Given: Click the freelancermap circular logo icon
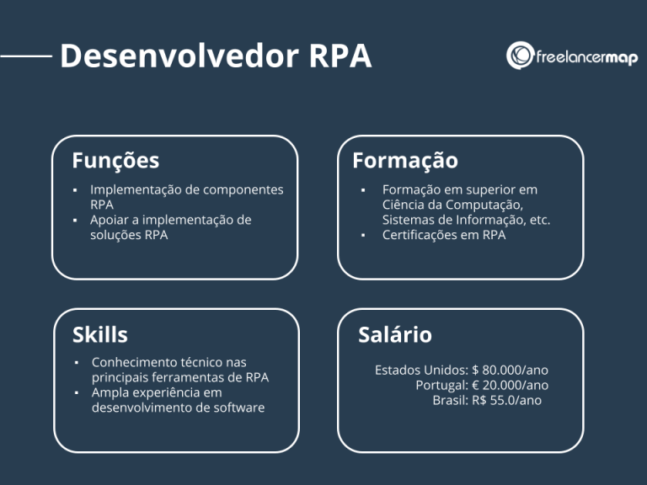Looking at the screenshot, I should [x=519, y=56].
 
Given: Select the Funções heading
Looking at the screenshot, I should [x=115, y=160].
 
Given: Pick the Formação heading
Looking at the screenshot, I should [x=405, y=160].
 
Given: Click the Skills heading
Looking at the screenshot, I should [x=100, y=334].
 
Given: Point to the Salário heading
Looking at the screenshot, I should [x=395, y=334].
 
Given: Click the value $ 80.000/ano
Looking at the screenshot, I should [x=511, y=370].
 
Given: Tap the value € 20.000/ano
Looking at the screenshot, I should [x=511, y=385].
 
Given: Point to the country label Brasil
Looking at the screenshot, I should [x=449, y=400].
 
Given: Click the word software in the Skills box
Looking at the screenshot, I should [x=240, y=408].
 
